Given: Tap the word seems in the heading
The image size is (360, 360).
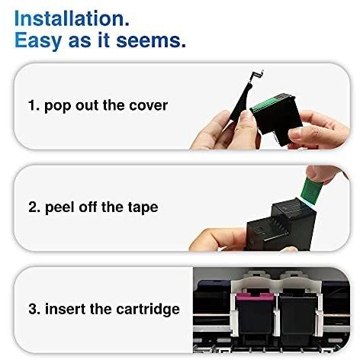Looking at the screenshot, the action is point(151,40).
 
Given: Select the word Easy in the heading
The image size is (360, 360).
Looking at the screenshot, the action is point(38,41).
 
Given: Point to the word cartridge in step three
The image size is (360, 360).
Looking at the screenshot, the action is point(148,310).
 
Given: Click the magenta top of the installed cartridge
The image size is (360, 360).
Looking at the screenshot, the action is point(255,297).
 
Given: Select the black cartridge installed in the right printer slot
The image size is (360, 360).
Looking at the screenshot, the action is point(297,316).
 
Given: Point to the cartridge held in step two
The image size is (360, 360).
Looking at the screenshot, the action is point(281,224).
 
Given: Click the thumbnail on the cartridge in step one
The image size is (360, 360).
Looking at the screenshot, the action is point(246,115).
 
